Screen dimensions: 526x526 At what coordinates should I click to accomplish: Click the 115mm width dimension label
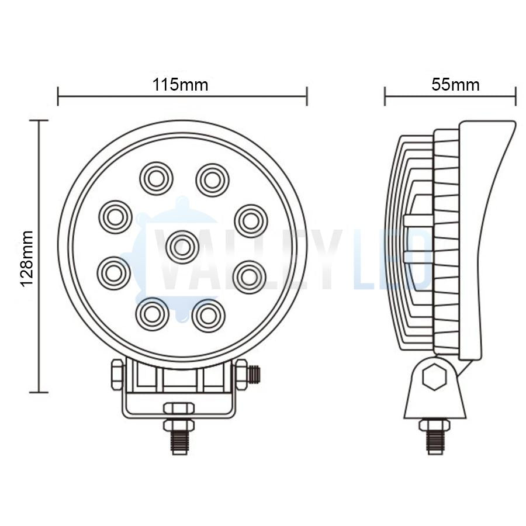pos(181,85)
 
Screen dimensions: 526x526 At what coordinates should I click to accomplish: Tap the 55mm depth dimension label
pos(455,85)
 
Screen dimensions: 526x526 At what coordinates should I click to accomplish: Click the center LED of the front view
pos(182,247)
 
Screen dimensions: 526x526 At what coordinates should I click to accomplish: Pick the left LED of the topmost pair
pos(156,178)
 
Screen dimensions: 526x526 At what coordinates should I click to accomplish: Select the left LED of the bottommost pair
pos(152,313)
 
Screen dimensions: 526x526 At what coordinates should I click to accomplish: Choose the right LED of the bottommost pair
pos(208,315)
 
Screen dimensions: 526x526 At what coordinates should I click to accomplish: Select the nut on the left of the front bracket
pos(116,374)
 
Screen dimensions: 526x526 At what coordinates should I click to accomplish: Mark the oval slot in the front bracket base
pos(178,408)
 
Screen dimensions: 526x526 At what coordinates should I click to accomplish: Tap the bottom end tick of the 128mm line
pos(39,392)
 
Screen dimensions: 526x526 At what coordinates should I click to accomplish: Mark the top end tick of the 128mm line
pos(39,120)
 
